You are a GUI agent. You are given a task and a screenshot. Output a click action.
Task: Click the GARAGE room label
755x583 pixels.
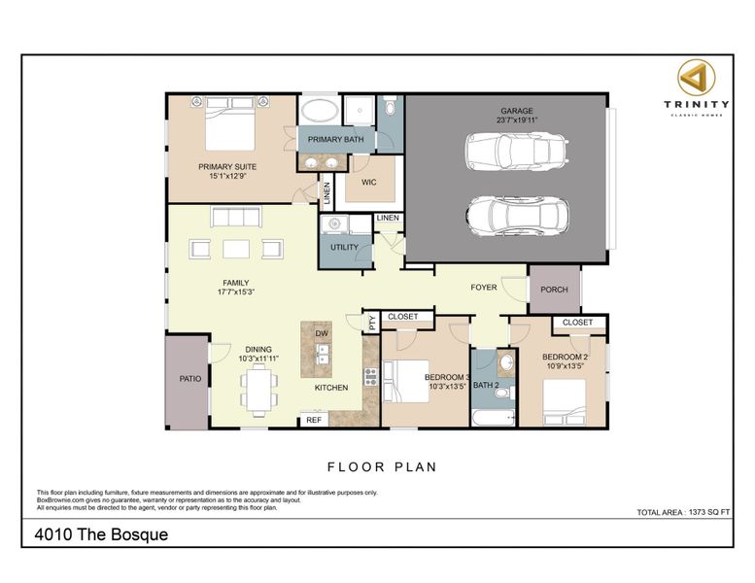517,111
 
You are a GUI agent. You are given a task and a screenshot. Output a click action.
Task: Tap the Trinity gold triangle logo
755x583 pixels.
697,77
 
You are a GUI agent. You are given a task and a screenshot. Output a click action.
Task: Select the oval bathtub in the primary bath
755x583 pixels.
320,110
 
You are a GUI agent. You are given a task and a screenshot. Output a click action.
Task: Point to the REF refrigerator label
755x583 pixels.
314,421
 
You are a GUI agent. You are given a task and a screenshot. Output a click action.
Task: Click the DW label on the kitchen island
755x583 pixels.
322,333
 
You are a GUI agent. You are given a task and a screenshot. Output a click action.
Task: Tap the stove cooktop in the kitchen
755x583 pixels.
371,376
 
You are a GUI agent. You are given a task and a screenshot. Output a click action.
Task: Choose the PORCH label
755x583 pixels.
554,290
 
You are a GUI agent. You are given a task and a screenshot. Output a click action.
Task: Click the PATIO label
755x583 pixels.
190,379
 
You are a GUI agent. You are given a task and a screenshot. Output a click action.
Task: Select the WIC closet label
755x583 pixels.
369,182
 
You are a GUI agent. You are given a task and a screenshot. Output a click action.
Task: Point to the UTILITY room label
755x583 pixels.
344,248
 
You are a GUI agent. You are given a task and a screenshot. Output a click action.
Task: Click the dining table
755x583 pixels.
259,390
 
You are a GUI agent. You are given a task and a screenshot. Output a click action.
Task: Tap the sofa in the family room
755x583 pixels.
236,217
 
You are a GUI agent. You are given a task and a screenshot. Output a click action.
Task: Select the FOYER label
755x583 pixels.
484,288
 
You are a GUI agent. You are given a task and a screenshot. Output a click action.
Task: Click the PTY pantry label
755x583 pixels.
372,322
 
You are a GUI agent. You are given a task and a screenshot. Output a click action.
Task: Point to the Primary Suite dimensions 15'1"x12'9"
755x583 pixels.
227,176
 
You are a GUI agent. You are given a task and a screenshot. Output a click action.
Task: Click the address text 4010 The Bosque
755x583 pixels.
102,534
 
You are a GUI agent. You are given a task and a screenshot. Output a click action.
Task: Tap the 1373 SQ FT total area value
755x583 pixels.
709,512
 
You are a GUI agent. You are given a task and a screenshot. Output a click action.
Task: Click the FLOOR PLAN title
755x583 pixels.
382,467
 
